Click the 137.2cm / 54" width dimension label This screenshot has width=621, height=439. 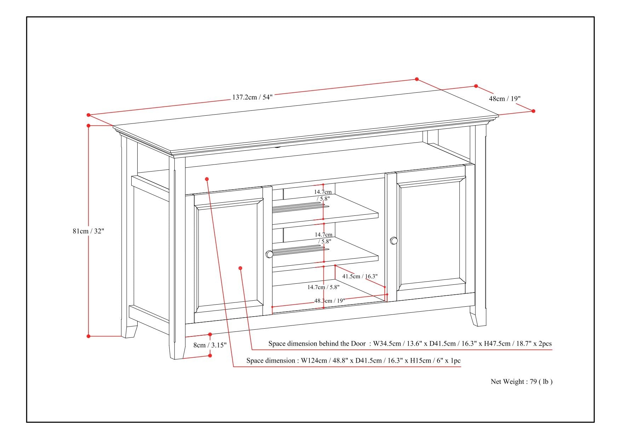click(x=252, y=97)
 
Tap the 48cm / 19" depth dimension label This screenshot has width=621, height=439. click(x=505, y=99)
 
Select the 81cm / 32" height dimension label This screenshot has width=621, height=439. click(x=88, y=231)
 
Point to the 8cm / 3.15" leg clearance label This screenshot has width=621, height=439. click(x=210, y=345)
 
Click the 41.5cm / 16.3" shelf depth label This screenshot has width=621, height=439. click(x=360, y=276)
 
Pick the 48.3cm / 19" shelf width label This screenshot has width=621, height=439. click(x=329, y=301)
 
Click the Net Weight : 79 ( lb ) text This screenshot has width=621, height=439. click(x=521, y=381)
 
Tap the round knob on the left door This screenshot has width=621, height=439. click(x=269, y=254)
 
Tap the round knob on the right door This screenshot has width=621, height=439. click(x=394, y=241)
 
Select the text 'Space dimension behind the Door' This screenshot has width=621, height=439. click(x=317, y=343)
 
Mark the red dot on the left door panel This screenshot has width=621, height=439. click(x=240, y=268)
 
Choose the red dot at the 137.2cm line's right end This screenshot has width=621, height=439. click(x=417, y=79)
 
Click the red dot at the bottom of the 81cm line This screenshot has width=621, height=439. click(x=88, y=336)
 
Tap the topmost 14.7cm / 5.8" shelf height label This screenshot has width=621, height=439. click(x=323, y=195)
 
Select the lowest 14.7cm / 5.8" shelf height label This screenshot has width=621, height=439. click(x=323, y=287)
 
